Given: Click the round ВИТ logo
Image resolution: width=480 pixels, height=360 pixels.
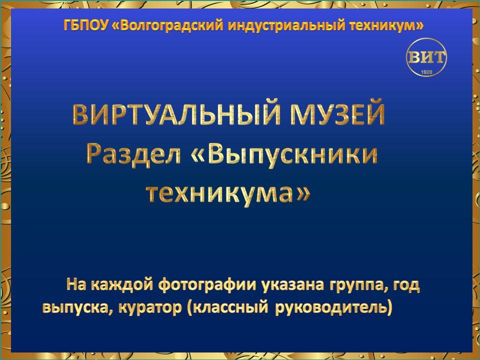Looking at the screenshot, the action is pyautogui.click(x=426, y=57).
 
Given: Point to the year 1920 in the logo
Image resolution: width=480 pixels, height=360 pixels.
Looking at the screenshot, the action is pyautogui.click(x=426, y=72).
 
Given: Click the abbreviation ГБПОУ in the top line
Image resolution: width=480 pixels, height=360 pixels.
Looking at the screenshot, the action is pyautogui.click(x=86, y=25).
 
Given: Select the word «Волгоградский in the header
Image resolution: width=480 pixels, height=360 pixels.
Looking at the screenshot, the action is pyautogui.click(x=167, y=25).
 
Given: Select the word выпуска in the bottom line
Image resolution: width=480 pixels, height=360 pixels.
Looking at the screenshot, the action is pyautogui.click(x=78, y=307).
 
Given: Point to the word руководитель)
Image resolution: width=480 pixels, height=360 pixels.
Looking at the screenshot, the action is pyautogui.click(x=333, y=307).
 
